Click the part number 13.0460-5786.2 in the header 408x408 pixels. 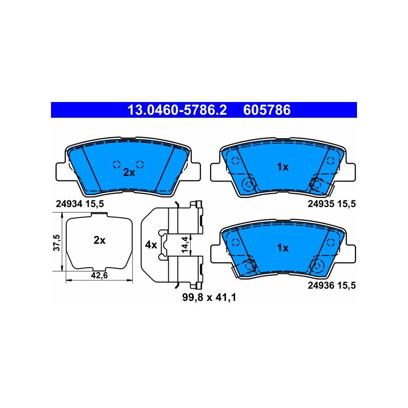coord(177,110)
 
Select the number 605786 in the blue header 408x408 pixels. coord(267,110)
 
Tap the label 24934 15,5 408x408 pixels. coord(80,203)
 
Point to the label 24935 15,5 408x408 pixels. coord(331,203)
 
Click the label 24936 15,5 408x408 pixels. coord(331,286)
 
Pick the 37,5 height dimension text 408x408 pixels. coord(57,243)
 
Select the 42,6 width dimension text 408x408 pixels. coord(99,275)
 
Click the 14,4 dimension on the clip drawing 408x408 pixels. coord(185,245)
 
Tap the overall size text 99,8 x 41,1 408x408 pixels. coord(209,297)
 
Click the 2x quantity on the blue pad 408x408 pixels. coord(129,172)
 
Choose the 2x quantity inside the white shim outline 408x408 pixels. coord(99,240)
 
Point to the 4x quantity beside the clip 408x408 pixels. coord(151,245)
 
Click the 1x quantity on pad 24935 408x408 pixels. coord(283,167)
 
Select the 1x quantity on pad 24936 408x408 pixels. coord(283,248)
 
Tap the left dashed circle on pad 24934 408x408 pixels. coord(117,164)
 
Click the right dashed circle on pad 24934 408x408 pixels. coord(140,164)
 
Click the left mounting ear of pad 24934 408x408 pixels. coord(61,172)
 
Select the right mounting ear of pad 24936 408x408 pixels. coord(350,253)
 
